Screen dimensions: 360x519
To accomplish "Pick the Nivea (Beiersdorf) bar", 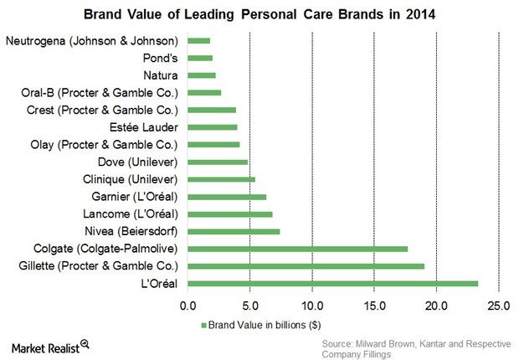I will click(x=234, y=231).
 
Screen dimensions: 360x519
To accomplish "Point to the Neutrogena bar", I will click(x=198, y=40).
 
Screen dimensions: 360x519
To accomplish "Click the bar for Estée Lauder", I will click(x=212, y=127).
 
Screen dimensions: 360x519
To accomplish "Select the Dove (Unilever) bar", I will click(x=218, y=162).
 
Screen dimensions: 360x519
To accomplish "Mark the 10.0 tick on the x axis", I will click(x=312, y=305).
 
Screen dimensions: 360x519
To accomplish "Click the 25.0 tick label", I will click(x=498, y=305).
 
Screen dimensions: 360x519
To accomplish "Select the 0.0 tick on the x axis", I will click(x=188, y=305).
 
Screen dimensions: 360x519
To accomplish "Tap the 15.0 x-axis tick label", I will click(x=374, y=305).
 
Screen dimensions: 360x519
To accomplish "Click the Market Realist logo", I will click(x=50, y=344).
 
